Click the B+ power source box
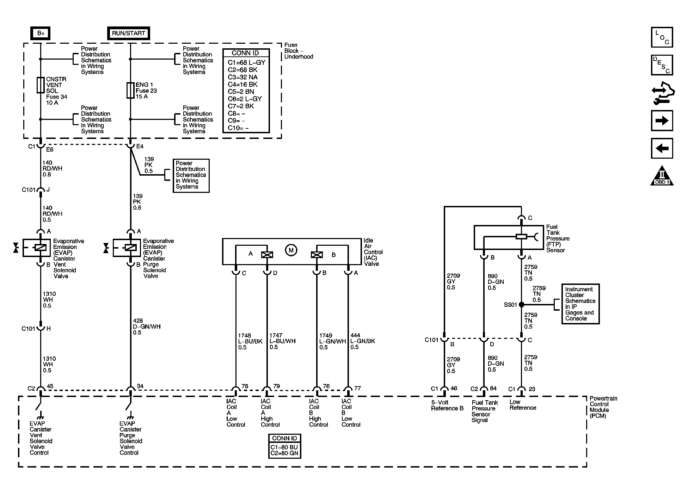[41, 33]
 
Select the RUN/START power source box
[128, 33]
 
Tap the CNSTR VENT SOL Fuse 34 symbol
[41, 85]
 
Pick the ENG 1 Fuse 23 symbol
[130, 90]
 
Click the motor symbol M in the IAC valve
[291, 250]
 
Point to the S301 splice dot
[521, 305]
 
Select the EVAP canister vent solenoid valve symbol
[37, 248]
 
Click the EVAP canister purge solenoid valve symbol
[127, 248]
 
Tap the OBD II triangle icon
[662, 176]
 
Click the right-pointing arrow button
[662, 121]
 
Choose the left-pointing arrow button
[662, 148]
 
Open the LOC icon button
[662, 37]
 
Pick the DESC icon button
[662, 65]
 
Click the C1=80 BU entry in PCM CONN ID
[284, 447]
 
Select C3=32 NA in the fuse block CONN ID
[242, 77]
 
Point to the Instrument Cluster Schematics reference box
[580, 304]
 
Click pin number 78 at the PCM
[245, 386]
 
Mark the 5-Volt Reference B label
[447, 405]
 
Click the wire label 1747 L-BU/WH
[282, 341]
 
